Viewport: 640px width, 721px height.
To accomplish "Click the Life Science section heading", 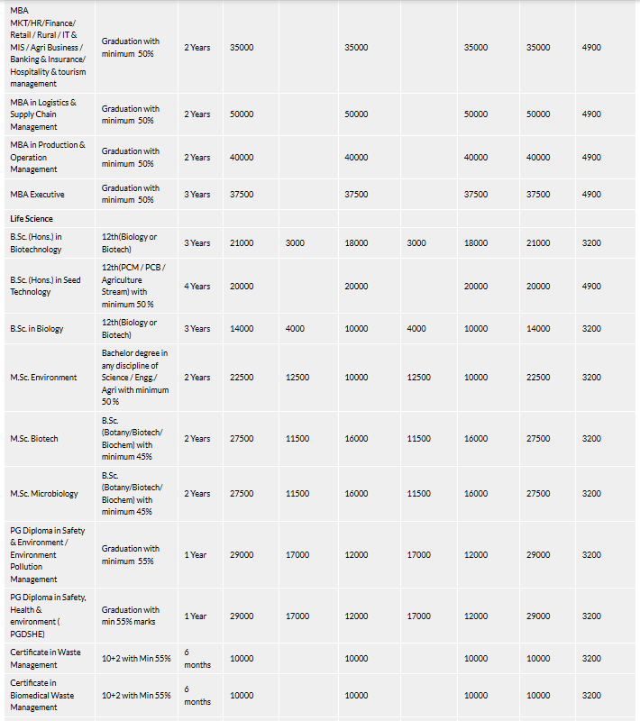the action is (32, 218).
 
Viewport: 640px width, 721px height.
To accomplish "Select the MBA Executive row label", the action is (37, 194).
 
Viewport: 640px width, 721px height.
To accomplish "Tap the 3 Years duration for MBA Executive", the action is (197, 194).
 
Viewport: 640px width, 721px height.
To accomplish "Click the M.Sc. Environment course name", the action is (43, 377).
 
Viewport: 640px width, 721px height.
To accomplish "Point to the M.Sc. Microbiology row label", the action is (44, 493).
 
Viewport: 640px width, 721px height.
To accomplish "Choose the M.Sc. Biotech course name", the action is (34, 438).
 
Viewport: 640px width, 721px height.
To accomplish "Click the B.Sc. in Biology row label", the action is (37, 328).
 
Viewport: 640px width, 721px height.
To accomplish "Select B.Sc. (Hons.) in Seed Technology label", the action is (45, 286).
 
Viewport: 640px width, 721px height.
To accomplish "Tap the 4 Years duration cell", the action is (197, 286).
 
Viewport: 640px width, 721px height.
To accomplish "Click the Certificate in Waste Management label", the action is (46, 658).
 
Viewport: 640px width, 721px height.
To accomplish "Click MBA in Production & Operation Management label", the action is (48, 157).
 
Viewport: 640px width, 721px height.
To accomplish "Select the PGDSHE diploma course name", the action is (48, 616).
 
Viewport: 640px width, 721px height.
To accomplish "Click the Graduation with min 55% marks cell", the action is (131, 616).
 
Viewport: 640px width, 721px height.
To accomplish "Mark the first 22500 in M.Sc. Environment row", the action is (242, 377).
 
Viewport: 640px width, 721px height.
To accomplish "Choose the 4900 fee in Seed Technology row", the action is (591, 286).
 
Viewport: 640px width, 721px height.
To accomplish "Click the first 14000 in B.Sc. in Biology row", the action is (242, 328).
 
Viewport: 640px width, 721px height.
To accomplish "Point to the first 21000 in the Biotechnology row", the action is (242, 242).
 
